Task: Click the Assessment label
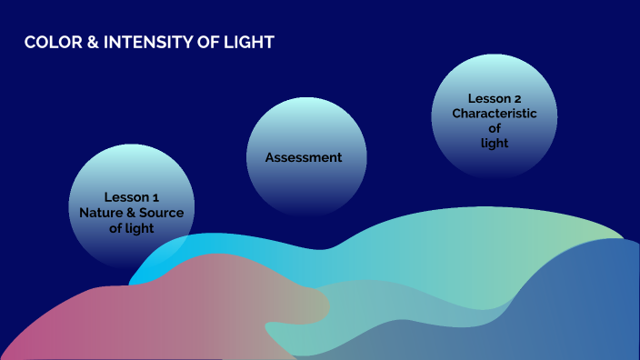coord(304,157)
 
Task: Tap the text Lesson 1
coord(131,196)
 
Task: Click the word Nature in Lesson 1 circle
coord(100,213)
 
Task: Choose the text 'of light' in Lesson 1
coord(132,228)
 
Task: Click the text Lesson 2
coord(495,98)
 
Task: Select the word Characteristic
coord(495,114)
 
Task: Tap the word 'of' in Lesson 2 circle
coord(495,128)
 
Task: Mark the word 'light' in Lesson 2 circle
coord(495,143)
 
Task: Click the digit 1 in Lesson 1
coord(156,196)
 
